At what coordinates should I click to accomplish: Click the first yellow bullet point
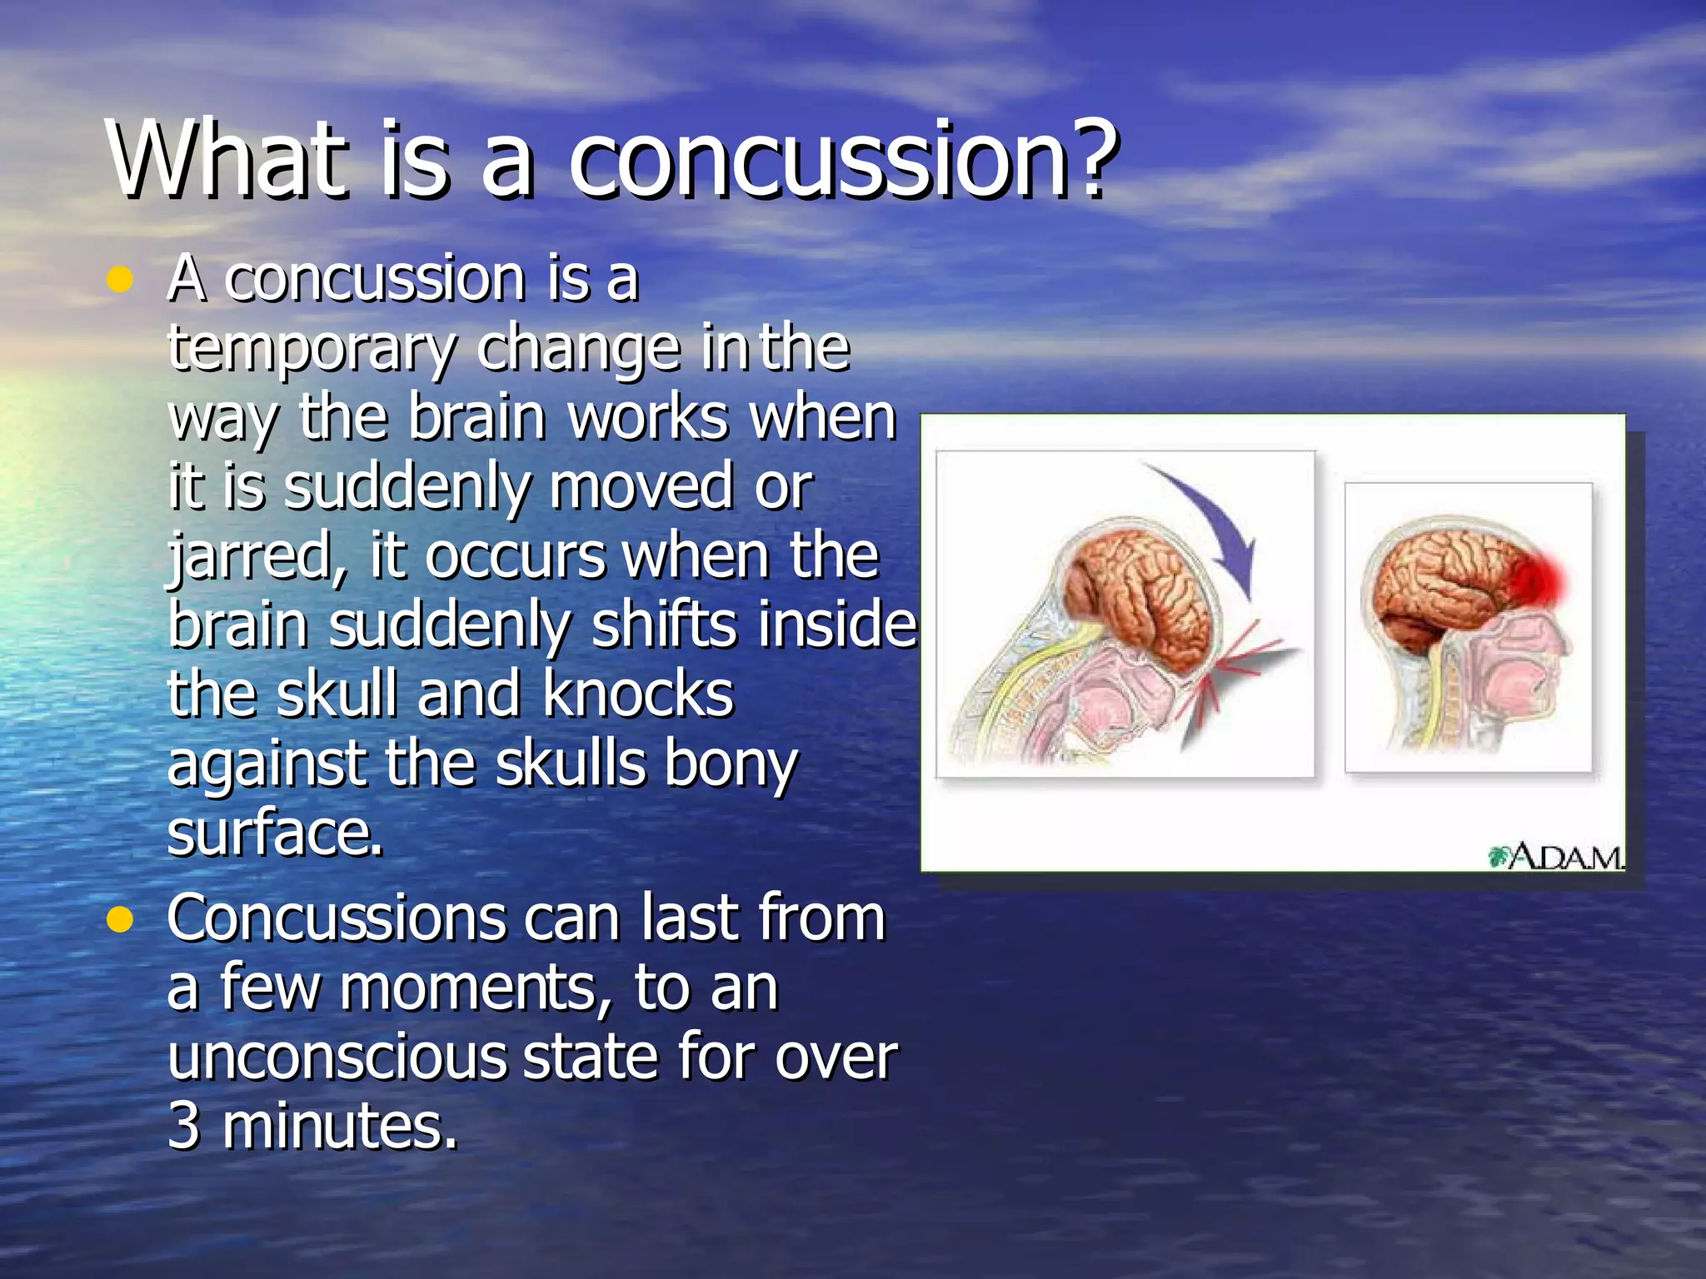pyautogui.click(x=121, y=280)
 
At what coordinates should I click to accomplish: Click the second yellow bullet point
pyautogui.click(x=121, y=919)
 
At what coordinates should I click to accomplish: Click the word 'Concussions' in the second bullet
pyautogui.click(x=336, y=918)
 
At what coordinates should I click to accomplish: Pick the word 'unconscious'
pyautogui.click(x=336, y=1058)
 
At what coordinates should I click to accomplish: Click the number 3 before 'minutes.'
pyautogui.click(x=183, y=1126)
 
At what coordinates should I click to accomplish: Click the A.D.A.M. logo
pyautogui.click(x=1556, y=856)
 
